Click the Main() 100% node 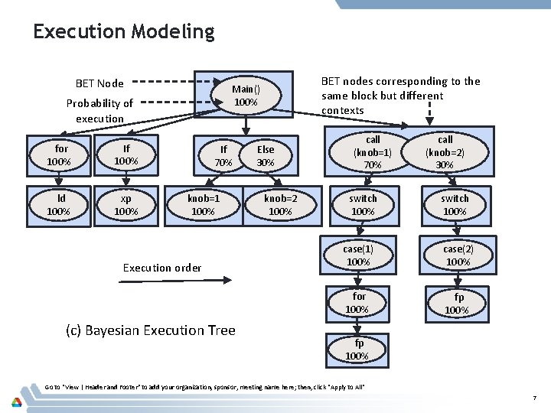point(244,95)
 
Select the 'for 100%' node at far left point(59,154)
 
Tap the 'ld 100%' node point(59,204)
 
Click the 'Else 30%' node point(265,155)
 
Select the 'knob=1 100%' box point(203,204)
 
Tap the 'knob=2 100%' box point(280,204)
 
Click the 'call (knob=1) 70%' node point(373,151)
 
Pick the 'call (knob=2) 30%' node point(445,151)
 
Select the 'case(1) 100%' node point(358,255)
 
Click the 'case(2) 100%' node point(458,255)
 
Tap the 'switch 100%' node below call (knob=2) point(455,204)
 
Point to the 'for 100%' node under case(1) point(359,302)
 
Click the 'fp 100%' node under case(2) point(458,303)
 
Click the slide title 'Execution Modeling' point(123,31)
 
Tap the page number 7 point(536,398)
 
